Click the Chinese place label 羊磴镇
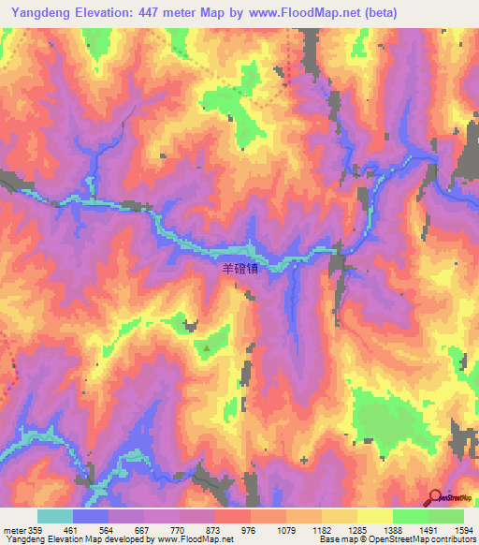pyautogui.click(x=238, y=267)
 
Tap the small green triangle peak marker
pyautogui.click(x=207, y=347)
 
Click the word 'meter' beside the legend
pyautogui.click(x=14, y=529)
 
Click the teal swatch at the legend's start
pyautogui.click(x=55, y=516)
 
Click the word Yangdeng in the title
pyautogui.click(x=38, y=13)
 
